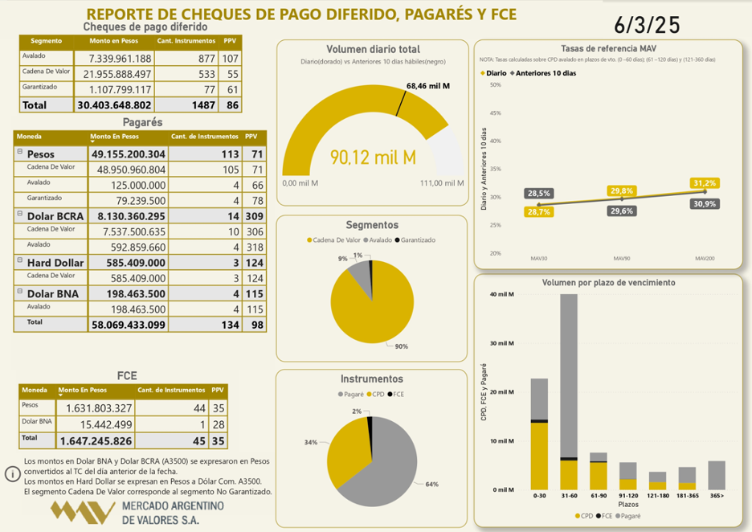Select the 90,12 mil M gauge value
(x=373, y=158)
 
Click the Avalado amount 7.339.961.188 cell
(x=113, y=59)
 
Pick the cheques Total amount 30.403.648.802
(x=114, y=105)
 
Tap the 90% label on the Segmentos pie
(x=402, y=346)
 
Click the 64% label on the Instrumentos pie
(x=431, y=485)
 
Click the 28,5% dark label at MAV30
(x=537, y=194)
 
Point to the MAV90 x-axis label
(x=622, y=259)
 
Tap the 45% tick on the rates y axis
(x=495, y=113)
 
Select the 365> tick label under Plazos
(x=717, y=497)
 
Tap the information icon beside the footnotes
(x=13, y=474)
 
